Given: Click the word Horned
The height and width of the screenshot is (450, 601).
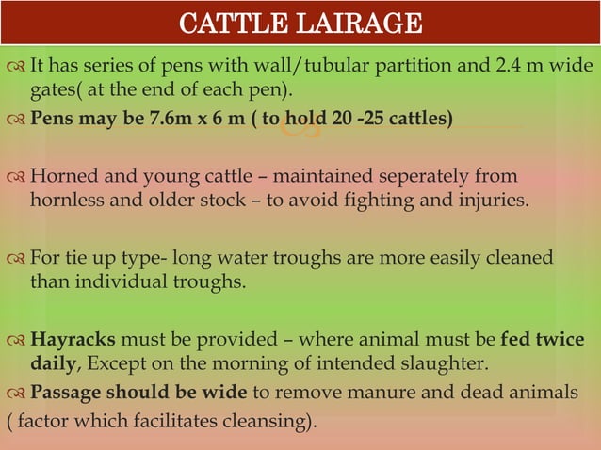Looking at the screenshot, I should [63, 176].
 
